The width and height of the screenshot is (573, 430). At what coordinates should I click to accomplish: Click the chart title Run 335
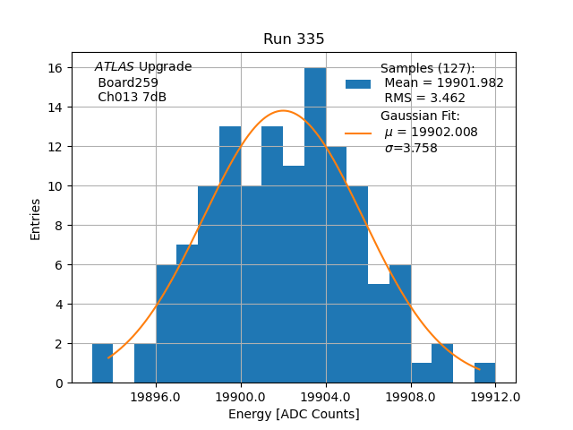[x=294, y=39]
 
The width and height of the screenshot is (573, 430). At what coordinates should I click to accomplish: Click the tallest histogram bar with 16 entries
[x=315, y=224]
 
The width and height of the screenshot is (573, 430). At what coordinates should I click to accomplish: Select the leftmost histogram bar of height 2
[x=102, y=363]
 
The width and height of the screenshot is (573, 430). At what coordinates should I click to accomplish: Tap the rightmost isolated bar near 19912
[x=484, y=373]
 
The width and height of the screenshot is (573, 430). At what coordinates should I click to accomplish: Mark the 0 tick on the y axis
[x=57, y=383]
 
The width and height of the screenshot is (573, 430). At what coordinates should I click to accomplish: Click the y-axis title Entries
[x=36, y=219]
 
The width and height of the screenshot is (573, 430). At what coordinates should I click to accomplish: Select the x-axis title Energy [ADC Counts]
[x=294, y=414]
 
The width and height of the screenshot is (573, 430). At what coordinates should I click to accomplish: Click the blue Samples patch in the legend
[x=358, y=83]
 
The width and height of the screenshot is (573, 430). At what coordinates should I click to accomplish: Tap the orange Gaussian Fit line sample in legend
[x=358, y=133]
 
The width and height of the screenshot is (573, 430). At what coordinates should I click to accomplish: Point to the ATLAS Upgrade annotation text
[x=143, y=67]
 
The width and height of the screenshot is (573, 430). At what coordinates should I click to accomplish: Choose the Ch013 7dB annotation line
[x=132, y=97]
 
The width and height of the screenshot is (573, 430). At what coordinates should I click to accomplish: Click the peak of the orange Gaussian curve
[x=284, y=110]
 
